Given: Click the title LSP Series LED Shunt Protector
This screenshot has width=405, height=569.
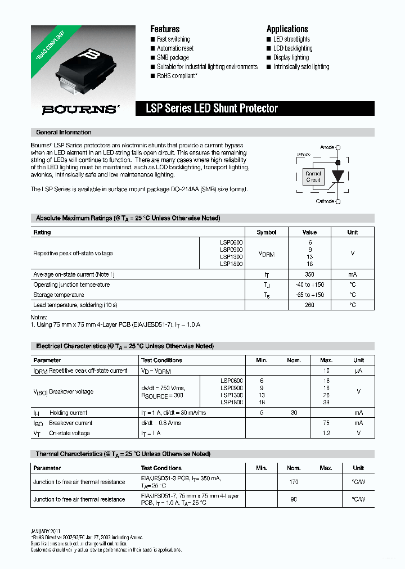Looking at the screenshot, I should [x=211, y=109].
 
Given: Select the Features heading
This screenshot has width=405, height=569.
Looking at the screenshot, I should [x=165, y=29].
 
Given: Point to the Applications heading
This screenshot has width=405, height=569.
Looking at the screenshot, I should [x=287, y=29].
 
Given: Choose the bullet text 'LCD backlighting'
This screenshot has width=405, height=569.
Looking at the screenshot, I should [x=292, y=48].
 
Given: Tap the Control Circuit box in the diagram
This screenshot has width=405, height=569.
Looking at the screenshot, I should [x=313, y=177].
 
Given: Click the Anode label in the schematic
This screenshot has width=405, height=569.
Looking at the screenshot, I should [x=327, y=147].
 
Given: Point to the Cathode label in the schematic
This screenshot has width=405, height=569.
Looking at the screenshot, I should [x=325, y=201].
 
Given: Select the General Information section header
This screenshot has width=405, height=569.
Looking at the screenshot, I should [x=64, y=133].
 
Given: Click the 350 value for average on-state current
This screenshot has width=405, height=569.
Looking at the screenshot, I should [x=310, y=274].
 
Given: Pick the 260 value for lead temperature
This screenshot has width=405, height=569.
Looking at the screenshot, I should [x=310, y=305].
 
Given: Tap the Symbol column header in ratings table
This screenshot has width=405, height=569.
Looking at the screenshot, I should [x=267, y=232].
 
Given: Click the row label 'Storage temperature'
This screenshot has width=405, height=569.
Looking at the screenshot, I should [x=59, y=295].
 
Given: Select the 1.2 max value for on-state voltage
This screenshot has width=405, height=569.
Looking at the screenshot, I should [x=326, y=433].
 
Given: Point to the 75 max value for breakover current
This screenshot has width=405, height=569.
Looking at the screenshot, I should [x=326, y=423].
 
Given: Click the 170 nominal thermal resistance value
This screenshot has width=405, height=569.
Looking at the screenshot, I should [x=294, y=482].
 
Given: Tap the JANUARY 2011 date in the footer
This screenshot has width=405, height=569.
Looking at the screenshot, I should [x=46, y=531].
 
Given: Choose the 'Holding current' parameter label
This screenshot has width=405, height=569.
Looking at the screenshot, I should [x=68, y=413].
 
